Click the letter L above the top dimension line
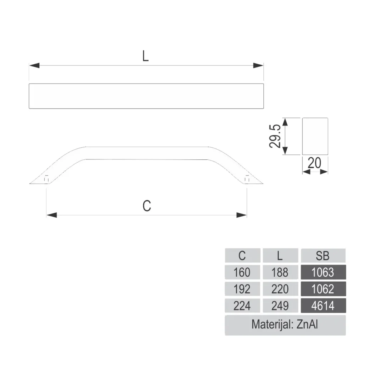145,56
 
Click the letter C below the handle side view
147,206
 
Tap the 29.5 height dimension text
275,136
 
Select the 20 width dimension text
315,163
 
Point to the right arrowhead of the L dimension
258,66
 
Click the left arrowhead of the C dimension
51,215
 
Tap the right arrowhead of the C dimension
242,215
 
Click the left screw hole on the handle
46,178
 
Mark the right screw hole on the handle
247,178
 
